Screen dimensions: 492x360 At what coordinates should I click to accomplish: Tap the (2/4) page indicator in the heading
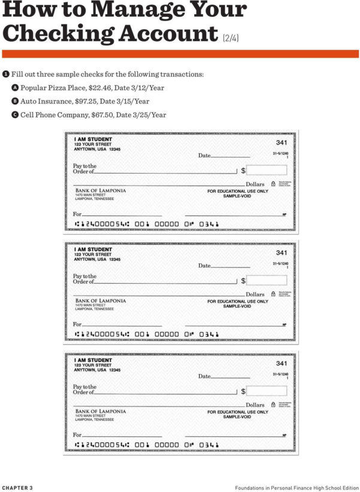231,38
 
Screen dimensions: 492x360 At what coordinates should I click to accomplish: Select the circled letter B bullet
15,101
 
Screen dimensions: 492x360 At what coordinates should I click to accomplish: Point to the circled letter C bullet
15,115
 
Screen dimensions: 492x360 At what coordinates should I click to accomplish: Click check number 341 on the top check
281,142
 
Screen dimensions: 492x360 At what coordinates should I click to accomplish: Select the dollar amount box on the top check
267,170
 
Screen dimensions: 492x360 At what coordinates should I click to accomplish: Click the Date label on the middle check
204,266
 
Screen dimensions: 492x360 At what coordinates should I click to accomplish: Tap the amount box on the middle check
267,280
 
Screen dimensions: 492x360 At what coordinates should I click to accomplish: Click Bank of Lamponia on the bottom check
101,411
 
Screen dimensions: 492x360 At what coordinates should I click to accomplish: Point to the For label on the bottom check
77,435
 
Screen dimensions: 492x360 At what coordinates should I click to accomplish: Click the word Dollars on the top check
255,184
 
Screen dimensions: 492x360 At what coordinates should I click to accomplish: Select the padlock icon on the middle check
273,294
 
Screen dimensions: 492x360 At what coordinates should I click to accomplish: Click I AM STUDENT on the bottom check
93,360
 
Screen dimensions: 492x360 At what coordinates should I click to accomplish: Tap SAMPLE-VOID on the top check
237,196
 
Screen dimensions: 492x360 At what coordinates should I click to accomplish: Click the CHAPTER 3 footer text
17,488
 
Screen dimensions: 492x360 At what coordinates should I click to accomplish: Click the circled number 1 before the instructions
5,74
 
